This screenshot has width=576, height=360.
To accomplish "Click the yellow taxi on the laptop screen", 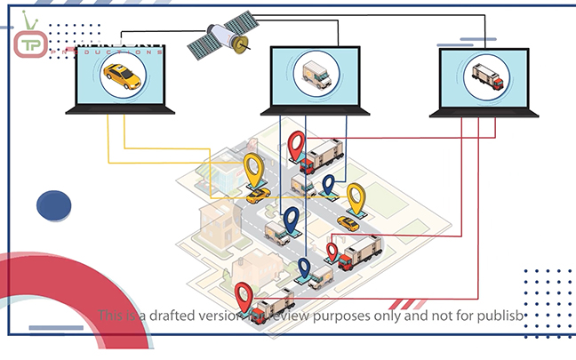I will tap(122, 76).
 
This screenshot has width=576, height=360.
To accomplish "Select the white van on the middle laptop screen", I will tap(316, 76).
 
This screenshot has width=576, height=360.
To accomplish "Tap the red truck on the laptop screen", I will tap(487, 76).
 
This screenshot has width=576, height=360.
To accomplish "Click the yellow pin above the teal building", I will tap(254, 166).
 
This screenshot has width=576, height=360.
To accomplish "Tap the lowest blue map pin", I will tap(304, 268).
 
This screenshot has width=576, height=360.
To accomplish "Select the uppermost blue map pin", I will tap(328, 185).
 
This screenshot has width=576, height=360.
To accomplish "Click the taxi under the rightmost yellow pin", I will tap(348, 223).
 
